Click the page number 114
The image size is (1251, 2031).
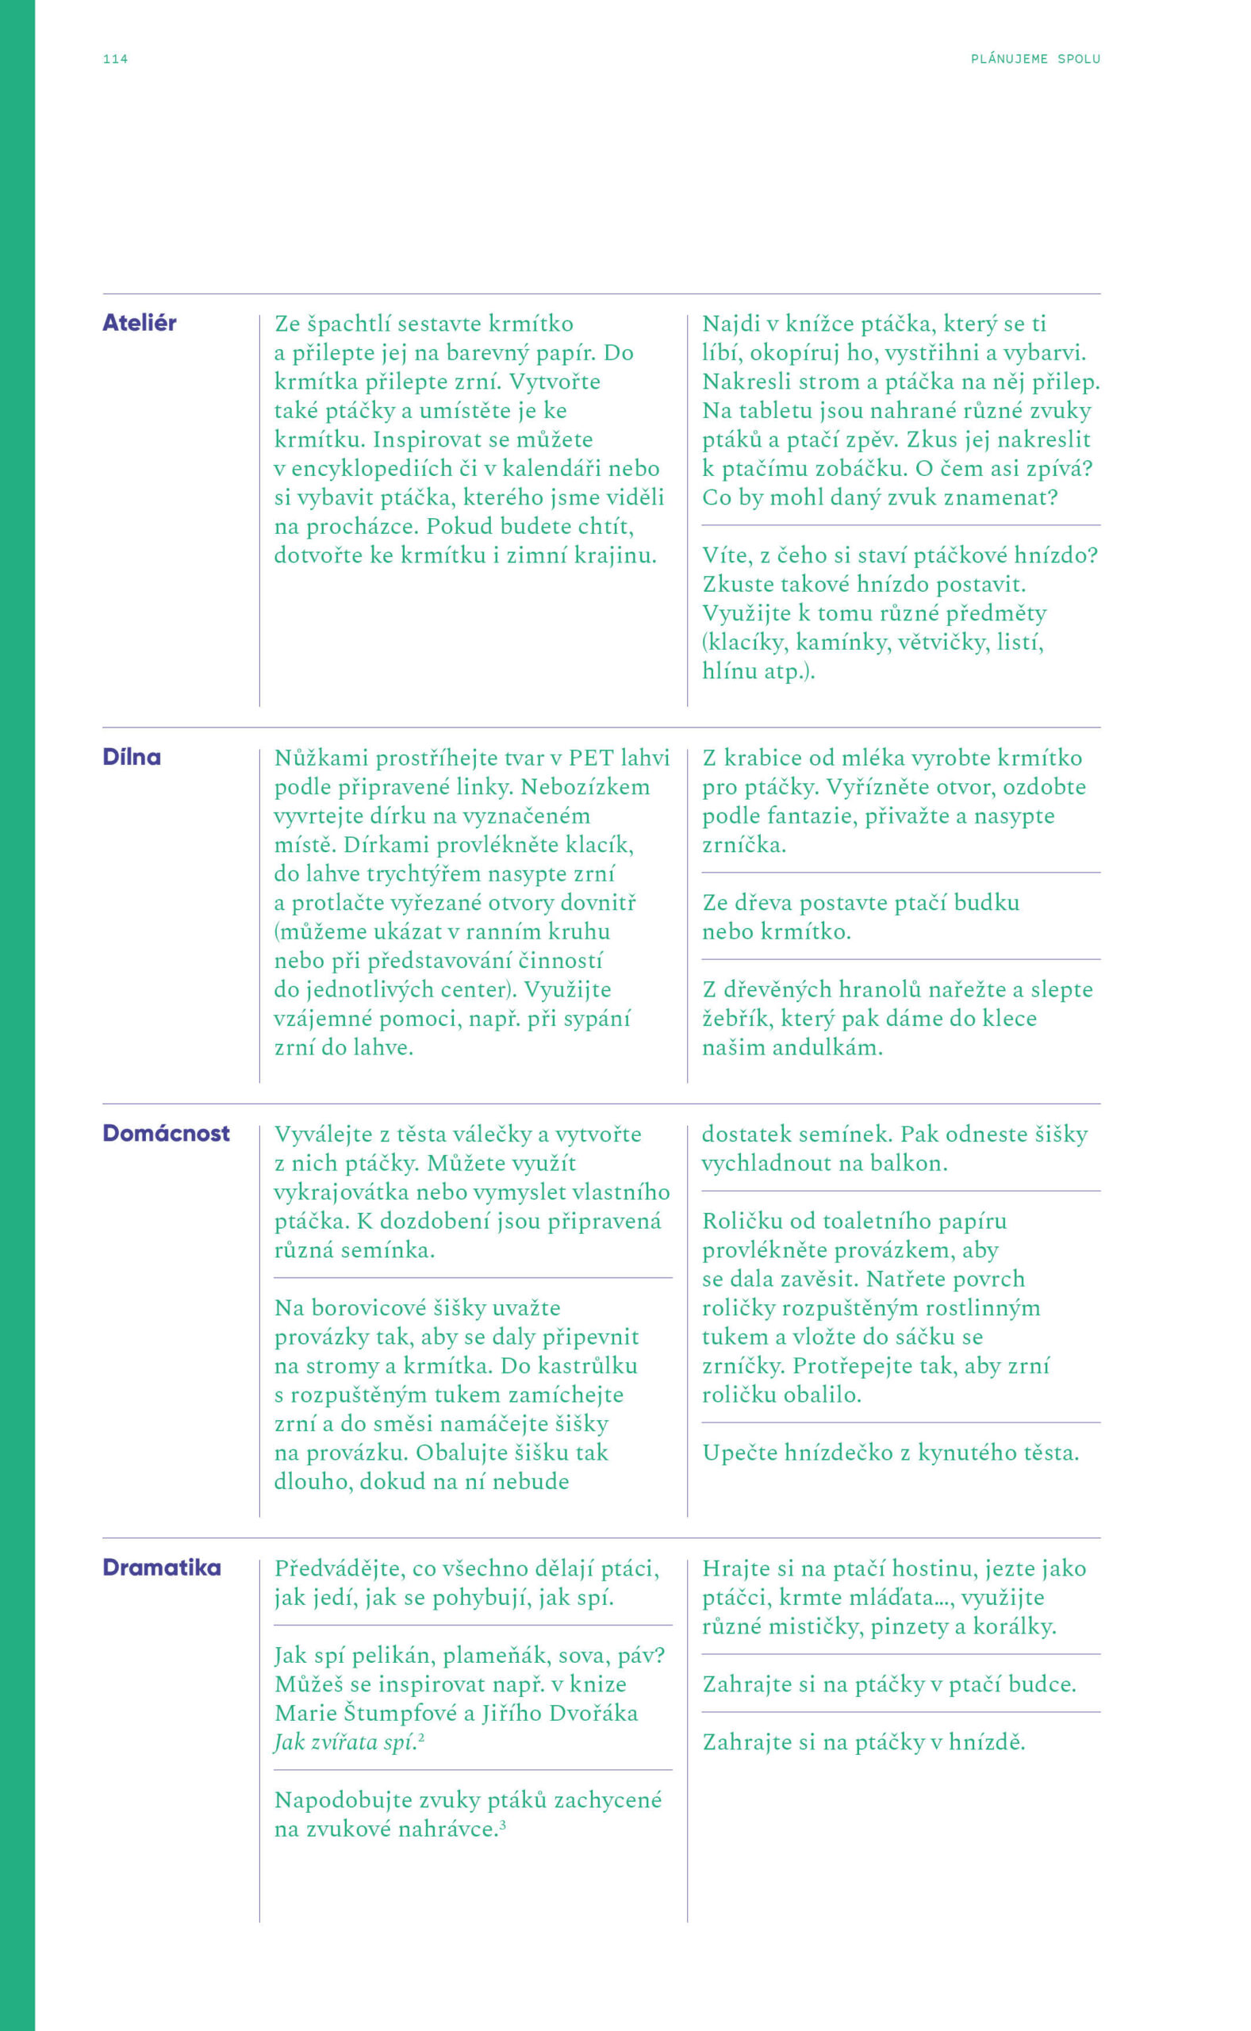[115, 59]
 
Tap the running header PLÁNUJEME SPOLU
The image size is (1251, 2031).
[1035, 59]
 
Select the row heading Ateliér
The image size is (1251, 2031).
[139, 323]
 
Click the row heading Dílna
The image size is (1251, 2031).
[132, 757]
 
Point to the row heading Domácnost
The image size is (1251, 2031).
[166, 1134]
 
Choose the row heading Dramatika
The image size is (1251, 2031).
[161, 1568]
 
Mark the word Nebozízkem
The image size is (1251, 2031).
[585, 787]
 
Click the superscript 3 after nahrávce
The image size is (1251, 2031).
[503, 1823]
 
